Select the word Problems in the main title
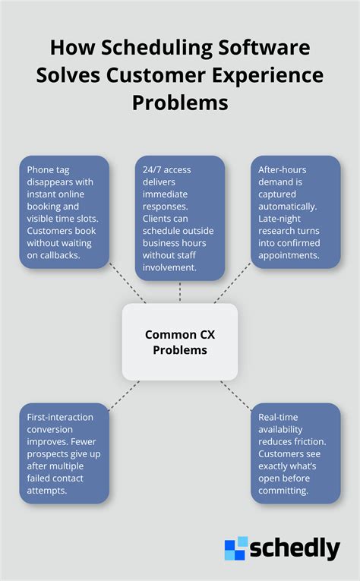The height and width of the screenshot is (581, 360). [x=180, y=103]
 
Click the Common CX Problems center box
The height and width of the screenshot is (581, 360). [x=180, y=342]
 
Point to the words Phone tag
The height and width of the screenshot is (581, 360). [x=48, y=170]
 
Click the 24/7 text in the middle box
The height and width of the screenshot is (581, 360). [x=150, y=169]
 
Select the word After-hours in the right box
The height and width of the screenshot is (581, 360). [x=283, y=169]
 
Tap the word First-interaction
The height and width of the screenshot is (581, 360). [x=60, y=417]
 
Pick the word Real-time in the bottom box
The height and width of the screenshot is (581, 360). [x=278, y=417]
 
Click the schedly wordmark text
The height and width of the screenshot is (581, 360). [x=295, y=549]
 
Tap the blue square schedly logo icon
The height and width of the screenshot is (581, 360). [x=236, y=548]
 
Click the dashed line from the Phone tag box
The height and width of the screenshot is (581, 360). [x=128, y=283]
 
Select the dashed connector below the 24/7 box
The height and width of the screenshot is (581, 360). [x=180, y=292]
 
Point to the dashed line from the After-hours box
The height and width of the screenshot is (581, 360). [x=232, y=283]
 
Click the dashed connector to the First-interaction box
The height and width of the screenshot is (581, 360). [x=124, y=396]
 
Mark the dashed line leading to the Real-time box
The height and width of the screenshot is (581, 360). [x=236, y=396]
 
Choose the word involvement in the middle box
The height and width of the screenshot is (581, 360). [x=169, y=267]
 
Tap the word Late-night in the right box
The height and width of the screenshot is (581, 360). [x=279, y=219]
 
